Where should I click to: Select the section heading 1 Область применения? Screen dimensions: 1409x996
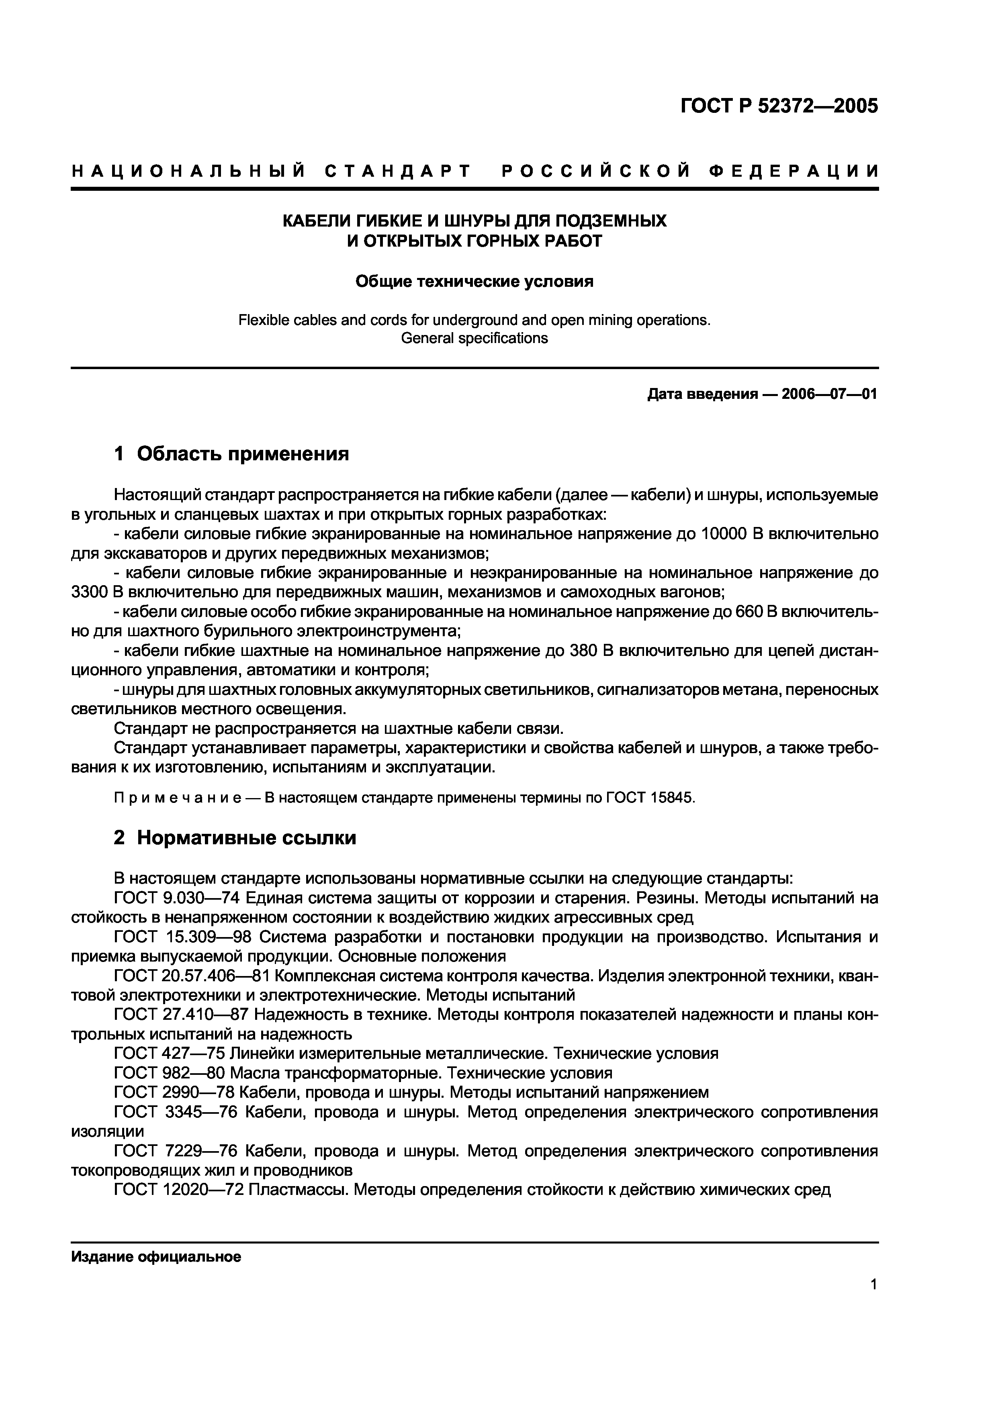[231, 454]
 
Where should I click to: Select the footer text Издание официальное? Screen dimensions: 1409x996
[156, 1257]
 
